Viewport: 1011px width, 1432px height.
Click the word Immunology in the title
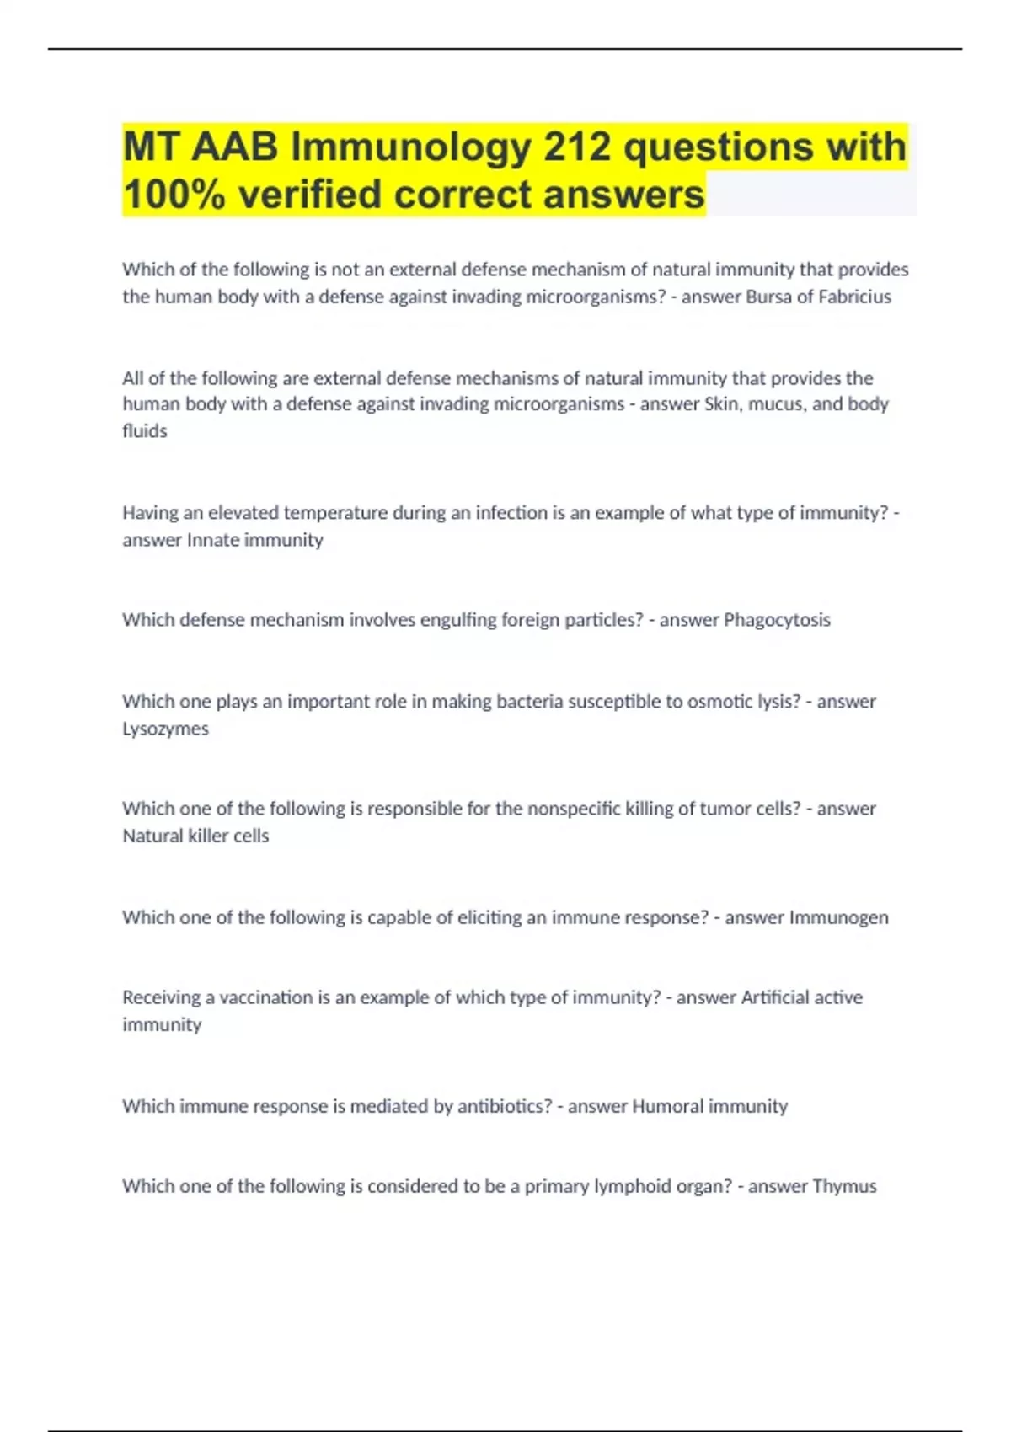tap(411, 147)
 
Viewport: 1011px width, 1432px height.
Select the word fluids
tap(145, 431)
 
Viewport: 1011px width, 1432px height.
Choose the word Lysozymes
tap(165, 729)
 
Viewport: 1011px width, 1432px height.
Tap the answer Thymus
tap(844, 1186)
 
